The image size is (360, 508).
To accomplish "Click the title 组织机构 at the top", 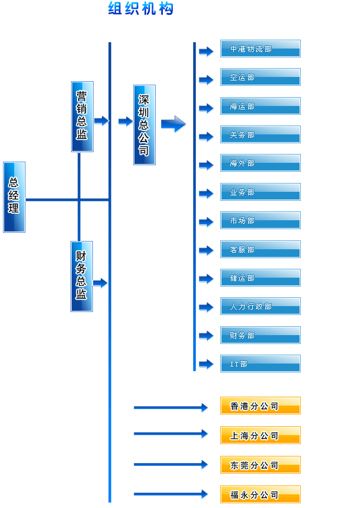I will [x=141, y=9].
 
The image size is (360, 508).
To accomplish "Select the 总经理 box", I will [x=14, y=197].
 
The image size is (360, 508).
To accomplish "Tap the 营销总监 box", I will [x=82, y=116].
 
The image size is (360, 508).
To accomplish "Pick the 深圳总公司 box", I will [x=144, y=124].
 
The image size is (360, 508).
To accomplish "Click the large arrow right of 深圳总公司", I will [x=173, y=124].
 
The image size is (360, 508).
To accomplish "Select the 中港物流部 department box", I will [x=260, y=49].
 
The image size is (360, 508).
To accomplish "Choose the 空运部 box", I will [x=260, y=77].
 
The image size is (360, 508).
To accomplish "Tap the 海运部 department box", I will [x=260, y=106].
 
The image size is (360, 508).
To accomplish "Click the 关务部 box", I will [x=260, y=134].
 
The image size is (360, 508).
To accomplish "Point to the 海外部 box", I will [x=260, y=163].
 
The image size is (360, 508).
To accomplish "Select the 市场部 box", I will [x=260, y=220].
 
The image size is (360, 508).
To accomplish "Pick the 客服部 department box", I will [x=260, y=249].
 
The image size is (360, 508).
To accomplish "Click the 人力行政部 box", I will [x=260, y=306].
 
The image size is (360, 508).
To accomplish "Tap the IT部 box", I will [x=260, y=364].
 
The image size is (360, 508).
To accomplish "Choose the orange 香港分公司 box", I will [x=260, y=406].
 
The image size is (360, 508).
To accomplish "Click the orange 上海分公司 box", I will [x=260, y=435].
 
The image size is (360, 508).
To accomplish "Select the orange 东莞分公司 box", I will [x=260, y=465].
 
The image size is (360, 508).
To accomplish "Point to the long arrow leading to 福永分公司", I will [x=171, y=494].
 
